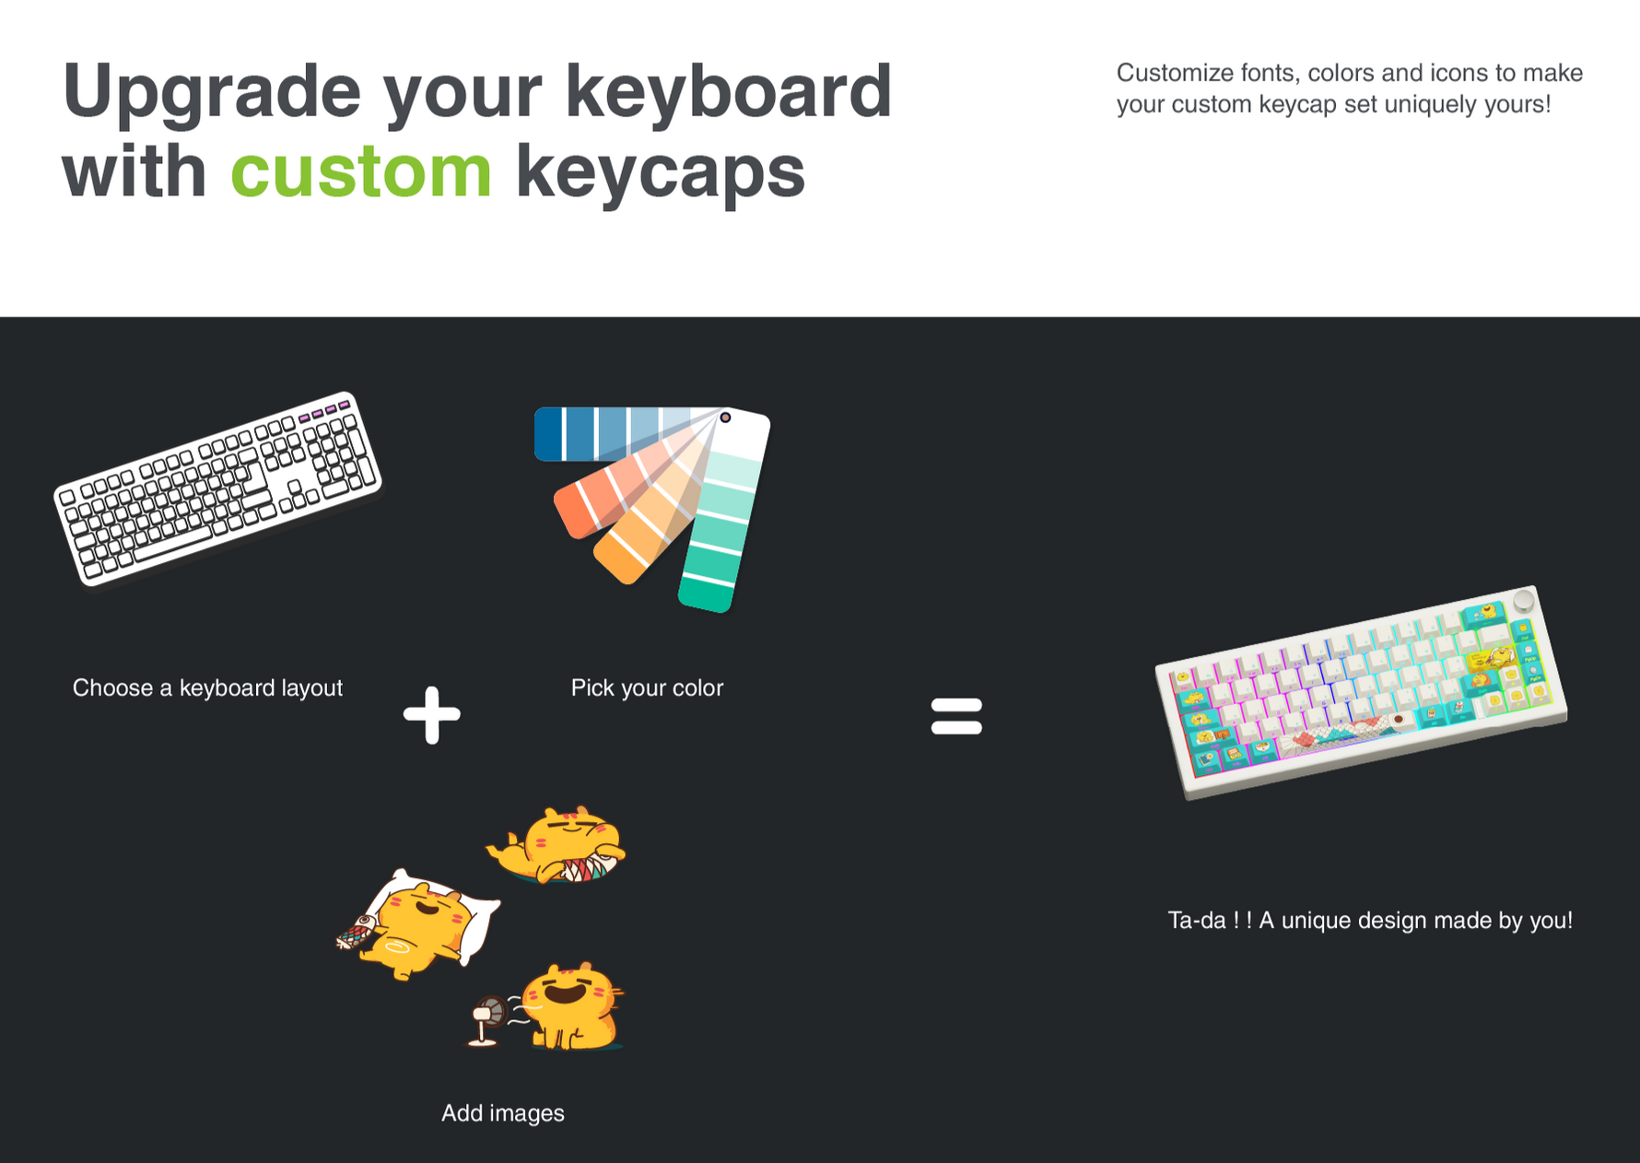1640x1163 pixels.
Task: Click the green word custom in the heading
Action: pos(360,172)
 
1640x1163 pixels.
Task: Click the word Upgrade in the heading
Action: pos(211,91)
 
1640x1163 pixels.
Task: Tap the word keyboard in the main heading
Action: pos(728,91)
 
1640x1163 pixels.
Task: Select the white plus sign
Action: pos(431,714)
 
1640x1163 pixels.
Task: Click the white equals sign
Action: pos(956,716)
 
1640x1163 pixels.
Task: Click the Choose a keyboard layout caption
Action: pos(207,687)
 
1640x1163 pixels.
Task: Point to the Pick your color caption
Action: pos(647,687)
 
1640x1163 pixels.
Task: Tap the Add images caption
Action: pos(502,1113)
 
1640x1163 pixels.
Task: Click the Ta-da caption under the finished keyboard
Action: pos(1369,920)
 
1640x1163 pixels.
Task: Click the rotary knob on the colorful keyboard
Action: pos(1523,601)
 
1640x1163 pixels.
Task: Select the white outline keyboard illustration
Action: pos(217,488)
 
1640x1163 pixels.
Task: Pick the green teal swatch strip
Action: pos(723,525)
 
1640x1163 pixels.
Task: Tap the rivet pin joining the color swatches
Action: pos(725,417)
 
